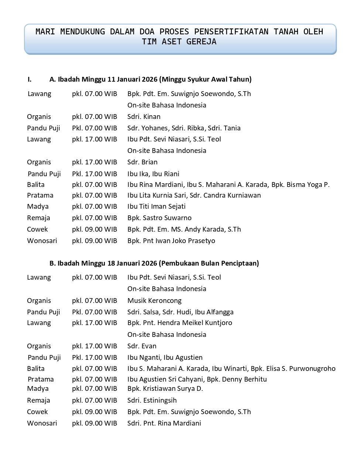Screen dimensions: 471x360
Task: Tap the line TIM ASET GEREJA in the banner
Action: coord(179,42)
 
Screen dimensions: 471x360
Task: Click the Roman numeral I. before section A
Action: coord(30,79)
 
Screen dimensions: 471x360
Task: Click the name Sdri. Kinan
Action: coord(144,117)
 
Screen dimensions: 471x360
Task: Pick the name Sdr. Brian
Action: coord(142,162)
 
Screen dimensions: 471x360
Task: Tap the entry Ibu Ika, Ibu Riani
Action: coord(153,174)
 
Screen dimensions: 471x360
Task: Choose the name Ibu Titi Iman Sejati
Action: coord(156,207)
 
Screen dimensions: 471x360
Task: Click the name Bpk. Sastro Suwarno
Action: coord(159,218)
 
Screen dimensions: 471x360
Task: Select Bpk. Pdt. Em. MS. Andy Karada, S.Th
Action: coord(184,229)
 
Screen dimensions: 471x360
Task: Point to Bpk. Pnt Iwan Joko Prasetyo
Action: coord(171,241)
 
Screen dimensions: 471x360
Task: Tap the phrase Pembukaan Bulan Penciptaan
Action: coord(209,263)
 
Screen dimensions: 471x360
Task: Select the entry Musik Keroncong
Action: coord(154,301)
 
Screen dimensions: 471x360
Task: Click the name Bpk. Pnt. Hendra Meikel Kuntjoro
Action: coord(179,323)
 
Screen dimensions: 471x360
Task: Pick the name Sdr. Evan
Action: coord(142,346)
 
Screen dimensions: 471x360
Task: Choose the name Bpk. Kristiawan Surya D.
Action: coord(165,389)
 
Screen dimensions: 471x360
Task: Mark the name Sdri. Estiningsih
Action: coord(152,400)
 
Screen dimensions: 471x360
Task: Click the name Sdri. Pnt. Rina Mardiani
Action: coord(164,423)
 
